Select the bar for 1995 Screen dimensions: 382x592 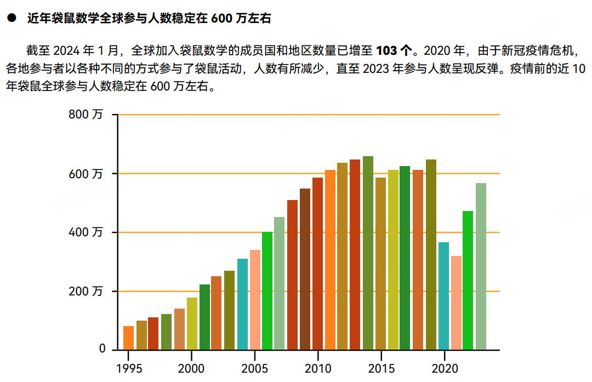point(128,338)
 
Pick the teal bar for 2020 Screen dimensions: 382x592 point(443,296)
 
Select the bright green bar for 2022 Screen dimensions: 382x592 point(468,280)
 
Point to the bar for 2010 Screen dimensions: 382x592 point(317,264)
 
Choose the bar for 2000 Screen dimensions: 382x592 point(192,323)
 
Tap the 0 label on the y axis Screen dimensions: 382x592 point(102,349)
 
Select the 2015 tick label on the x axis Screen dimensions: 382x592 point(381,368)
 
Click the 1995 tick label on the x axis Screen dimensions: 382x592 point(129,368)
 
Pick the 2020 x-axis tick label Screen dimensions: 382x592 point(444,368)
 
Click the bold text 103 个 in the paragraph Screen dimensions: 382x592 point(394,52)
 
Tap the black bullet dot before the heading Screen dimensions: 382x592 point(10,19)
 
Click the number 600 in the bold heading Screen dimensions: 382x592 point(221,19)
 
